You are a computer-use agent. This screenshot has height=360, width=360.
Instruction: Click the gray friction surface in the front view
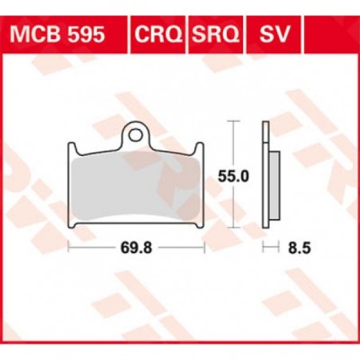click(x=136, y=190)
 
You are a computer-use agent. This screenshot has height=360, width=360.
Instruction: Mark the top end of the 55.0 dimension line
click(x=232, y=122)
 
